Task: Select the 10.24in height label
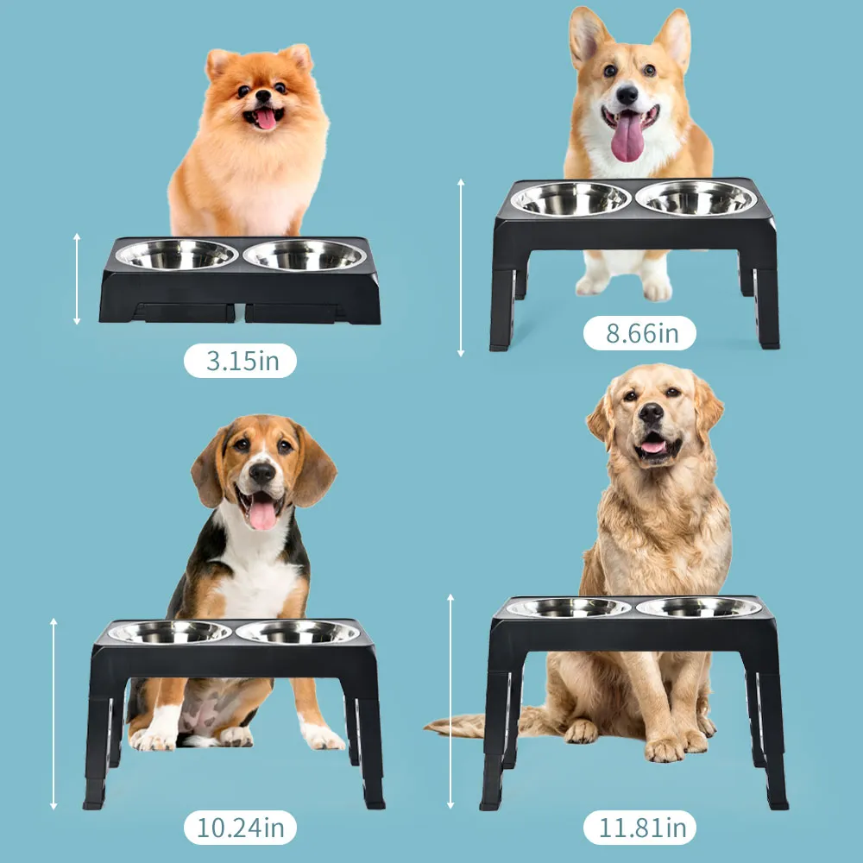click(x=241, y=828)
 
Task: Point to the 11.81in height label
click(x=640, y=828)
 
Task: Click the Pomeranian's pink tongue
click(x=266, y=119)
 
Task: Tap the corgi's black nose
click(x=627, y=95)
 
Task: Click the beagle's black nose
click(x=262, y=473)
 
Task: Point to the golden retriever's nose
click(x=651, y=413)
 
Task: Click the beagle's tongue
click(x=263, y=514)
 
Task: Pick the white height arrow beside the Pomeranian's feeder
click(x=77, y=279)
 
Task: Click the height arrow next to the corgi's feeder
click(x=461, y=268)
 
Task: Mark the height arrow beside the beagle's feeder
click(x=54, y=714)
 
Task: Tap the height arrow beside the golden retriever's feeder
click(x=450, y=702)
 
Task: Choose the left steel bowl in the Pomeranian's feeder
click(x=177, y=255)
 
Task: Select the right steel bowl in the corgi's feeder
click(x=696, y=198)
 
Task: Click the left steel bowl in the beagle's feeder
click(x=170, y=632)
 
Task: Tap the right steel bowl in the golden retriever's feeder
click(x=699, y=607)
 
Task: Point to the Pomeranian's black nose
click(x=263, y=95)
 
